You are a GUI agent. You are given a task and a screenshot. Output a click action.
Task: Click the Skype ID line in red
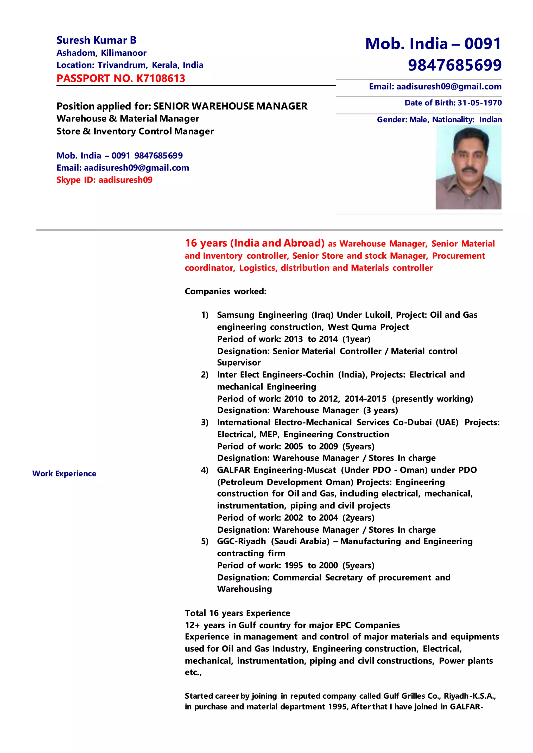(104, 180)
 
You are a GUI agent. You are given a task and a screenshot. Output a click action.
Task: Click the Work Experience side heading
(64, 474)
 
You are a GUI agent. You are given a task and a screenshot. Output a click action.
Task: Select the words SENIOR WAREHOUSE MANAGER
(230, 106)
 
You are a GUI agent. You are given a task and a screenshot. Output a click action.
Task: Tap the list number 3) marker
(205, 422)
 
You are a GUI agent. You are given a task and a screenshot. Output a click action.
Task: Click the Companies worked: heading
(225, 291)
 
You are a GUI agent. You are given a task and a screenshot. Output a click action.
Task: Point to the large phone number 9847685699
(455, 65)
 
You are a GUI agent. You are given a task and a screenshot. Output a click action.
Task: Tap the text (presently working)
(432, 399)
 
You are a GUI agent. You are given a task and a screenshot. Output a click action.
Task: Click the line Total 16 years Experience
(237, 613)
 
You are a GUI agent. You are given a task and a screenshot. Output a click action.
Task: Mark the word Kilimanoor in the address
(123, 53)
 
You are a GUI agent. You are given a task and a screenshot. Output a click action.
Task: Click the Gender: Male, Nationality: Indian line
(439, 119)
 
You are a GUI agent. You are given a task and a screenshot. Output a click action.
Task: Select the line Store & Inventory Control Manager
(135, 131)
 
